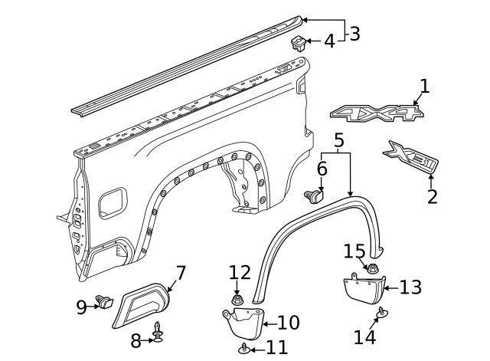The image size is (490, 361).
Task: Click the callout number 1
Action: click(x=424, y=86)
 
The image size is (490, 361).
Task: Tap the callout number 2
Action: click(x=433, y=196)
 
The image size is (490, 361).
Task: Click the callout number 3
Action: click(x=354, y=33)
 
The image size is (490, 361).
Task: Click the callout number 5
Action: click(x=339, y=140)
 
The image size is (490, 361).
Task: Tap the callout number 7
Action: click(x=181, y=273)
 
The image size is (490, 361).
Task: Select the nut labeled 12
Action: click(x=237, y=297)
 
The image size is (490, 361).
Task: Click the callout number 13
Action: click(x=411, y=287)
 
